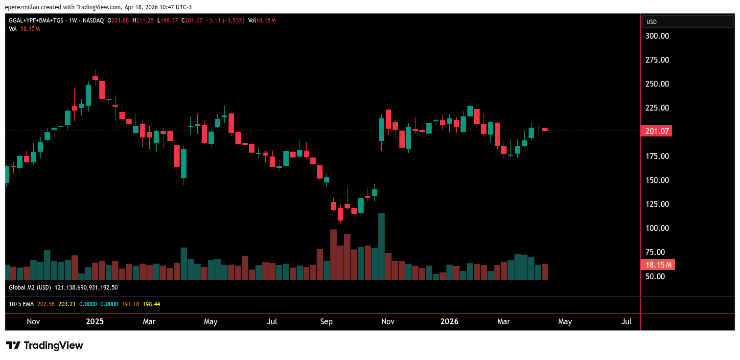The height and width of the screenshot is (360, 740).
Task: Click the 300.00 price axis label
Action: pos(657,36)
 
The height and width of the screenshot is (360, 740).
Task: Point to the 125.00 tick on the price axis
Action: pos(657,204)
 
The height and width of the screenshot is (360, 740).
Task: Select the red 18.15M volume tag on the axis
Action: pos(657,265)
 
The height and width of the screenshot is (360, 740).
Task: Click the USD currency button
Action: pos(687,22)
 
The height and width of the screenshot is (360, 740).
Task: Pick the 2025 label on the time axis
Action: pos(94,321)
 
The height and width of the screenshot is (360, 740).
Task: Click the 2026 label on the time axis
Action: pos(449,321)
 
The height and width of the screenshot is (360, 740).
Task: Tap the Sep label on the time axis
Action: pos(326,321)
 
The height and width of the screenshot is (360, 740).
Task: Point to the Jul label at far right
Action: pos(626,321)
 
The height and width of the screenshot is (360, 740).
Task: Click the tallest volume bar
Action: pos(382,247)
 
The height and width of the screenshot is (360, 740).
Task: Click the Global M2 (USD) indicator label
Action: pos(30,288)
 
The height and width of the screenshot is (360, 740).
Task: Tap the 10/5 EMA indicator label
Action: pos(21,304)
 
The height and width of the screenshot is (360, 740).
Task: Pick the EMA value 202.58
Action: pos(46,304)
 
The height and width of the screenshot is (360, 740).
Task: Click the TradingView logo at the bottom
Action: pos(45,345)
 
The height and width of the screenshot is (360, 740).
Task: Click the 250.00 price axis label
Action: pos(657,84)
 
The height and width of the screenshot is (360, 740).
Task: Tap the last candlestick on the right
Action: pos(545,129)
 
